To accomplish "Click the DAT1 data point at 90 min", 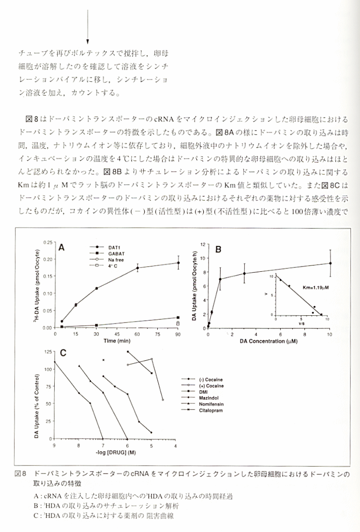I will click(x=178, y=263).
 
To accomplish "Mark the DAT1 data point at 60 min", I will click(x=137, y=268).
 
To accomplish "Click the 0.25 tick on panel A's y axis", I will click(x=48, y=242).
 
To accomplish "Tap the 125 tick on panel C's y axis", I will click(x=47, y=352).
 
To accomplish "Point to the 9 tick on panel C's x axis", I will click(x=54, y=445).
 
